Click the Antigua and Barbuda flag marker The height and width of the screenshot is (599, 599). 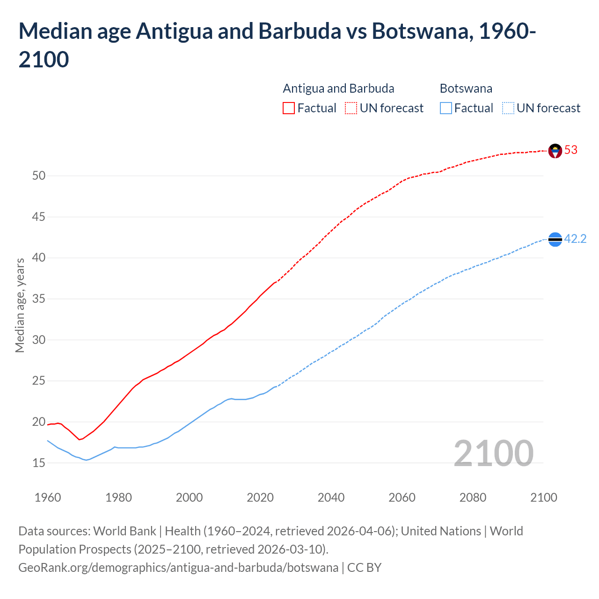click(555, 151)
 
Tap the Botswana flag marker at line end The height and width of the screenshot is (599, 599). click(555, 239)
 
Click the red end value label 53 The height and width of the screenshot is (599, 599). click(571, 150)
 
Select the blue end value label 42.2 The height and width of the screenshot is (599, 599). click(575, 239)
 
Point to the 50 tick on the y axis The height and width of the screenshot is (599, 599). click(39, 176)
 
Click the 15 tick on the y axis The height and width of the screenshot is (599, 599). click(39, 463)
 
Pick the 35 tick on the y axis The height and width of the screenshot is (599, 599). click(39, 299)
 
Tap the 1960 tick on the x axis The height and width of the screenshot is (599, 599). click(48, 497)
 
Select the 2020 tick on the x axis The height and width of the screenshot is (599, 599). click(260, 497)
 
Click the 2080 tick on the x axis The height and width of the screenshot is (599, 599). click(473, 497)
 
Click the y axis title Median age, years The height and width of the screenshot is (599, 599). click(20, 305)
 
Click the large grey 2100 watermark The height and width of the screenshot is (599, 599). click(493, 453)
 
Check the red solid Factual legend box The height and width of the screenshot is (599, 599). click(289, 108)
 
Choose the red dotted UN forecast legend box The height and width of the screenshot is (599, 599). click(351, 108)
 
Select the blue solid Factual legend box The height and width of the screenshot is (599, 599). click(446, 108)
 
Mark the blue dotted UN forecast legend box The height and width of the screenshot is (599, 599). click(508, 108)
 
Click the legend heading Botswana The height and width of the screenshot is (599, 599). click(466, 88)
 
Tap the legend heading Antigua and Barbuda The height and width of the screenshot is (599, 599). click(338, 88)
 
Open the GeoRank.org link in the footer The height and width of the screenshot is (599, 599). click(178, 568)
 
